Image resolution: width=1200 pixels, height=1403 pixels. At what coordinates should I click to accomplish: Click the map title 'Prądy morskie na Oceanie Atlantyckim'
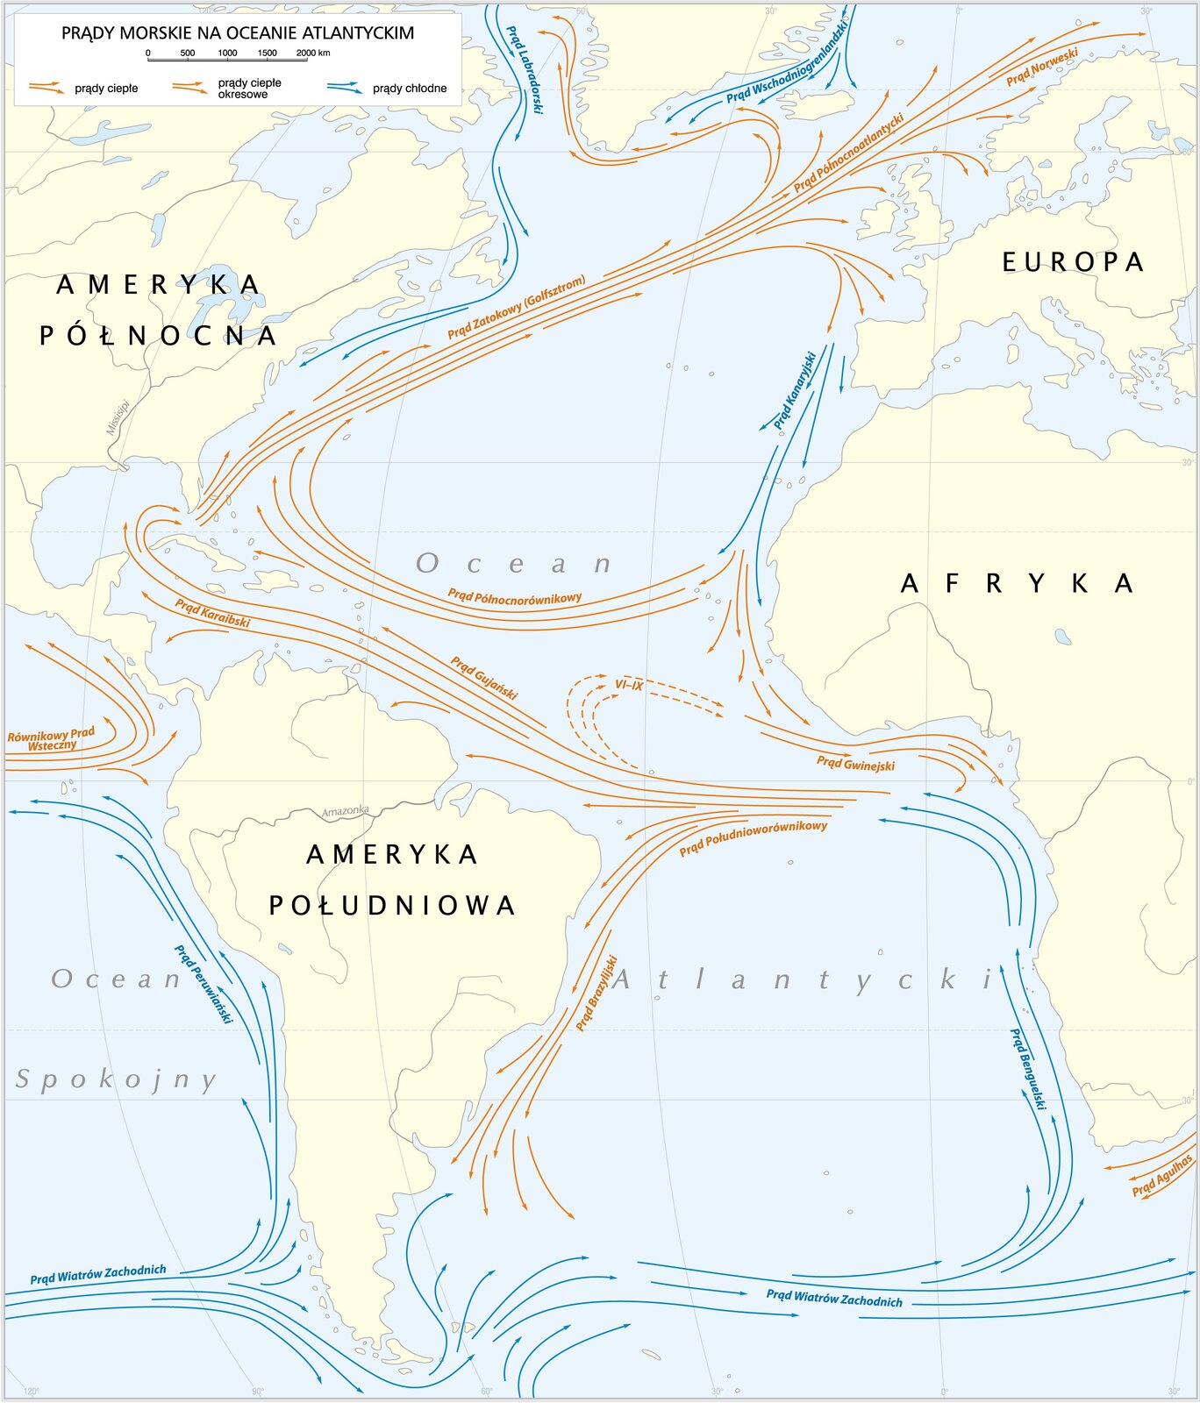237,33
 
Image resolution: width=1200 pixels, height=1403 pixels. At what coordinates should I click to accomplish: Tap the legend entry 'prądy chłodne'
409,89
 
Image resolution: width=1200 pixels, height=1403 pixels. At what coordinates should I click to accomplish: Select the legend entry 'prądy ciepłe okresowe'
249,89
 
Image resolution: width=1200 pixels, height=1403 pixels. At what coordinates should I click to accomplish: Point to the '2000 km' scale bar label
313,53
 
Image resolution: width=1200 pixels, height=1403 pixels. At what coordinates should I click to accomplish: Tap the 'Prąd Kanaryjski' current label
795,391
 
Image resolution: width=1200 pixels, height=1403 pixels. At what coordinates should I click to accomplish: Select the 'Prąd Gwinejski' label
855,764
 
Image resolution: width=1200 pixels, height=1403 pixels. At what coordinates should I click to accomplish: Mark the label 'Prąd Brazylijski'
597,993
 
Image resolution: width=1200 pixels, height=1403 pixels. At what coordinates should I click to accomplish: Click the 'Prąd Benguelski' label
1028,1069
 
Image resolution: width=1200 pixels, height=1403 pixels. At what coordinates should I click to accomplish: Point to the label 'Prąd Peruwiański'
204,984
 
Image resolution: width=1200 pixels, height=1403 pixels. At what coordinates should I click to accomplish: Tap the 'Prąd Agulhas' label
1162,1176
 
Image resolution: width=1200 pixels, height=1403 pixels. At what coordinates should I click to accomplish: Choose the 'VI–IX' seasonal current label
629,685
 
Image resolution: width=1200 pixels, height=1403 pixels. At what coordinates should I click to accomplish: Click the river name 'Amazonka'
345,811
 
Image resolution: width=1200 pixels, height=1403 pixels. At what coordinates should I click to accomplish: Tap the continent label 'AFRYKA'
1018,583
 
